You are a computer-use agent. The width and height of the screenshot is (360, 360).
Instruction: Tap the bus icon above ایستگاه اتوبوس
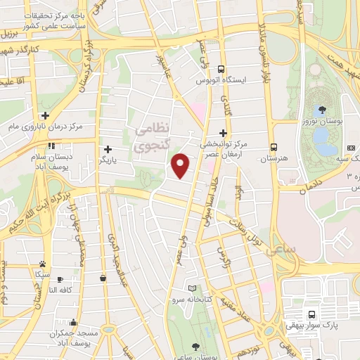221,70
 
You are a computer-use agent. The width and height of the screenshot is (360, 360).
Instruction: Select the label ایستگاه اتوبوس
221,81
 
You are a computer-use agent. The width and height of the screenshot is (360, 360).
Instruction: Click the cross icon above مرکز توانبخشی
223,132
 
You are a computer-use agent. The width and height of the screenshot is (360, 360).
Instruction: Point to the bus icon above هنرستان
274,148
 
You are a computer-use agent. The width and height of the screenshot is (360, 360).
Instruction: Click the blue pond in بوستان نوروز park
324,139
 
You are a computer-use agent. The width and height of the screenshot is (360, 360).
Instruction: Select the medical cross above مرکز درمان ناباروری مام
45,115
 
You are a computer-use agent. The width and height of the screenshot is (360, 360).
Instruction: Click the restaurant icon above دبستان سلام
51,146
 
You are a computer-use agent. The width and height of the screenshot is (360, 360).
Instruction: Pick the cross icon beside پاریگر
108,149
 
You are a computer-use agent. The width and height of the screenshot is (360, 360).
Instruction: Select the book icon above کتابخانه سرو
193,288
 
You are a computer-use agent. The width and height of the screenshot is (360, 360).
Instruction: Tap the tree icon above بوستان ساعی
195,347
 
